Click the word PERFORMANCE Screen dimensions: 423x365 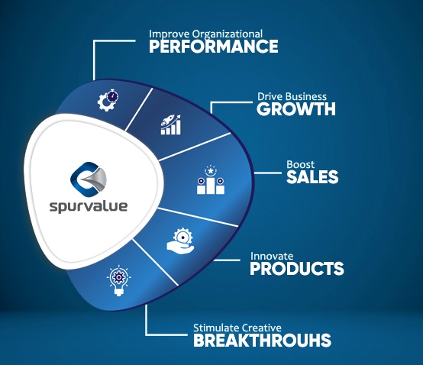tap(213, 46)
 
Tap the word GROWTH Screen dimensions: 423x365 tap(296, 108)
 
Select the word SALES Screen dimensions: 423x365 tap(312, 177)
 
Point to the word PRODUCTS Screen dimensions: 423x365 tap(297, 269)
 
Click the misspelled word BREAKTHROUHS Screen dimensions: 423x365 tap(262, 340)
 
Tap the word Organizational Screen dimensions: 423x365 tap(227, 34)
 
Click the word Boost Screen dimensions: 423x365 tap(300, 165)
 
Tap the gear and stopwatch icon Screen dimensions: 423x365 tap(108, 100)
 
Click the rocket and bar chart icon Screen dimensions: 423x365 tap(171, 124)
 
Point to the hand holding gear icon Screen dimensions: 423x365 tap(180, 241)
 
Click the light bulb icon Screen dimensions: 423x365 tap(118, 280)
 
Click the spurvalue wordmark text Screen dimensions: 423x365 tap(89, 206)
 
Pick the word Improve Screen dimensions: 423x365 tap(170, 34)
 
